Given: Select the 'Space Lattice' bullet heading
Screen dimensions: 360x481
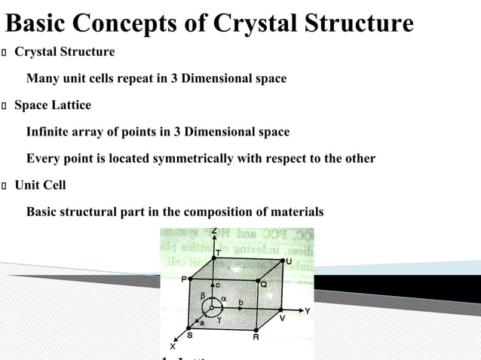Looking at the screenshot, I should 53,105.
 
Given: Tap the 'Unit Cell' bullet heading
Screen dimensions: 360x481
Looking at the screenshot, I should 41,185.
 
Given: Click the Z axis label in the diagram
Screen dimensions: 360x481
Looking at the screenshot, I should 214,229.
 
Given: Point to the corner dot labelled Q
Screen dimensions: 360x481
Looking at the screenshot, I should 256,278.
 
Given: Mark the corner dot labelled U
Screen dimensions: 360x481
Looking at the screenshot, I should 282,258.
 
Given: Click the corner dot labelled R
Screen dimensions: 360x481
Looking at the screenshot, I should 256,329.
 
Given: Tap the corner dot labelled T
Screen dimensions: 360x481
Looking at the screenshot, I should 214,258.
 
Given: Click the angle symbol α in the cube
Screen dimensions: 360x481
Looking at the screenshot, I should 224,299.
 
